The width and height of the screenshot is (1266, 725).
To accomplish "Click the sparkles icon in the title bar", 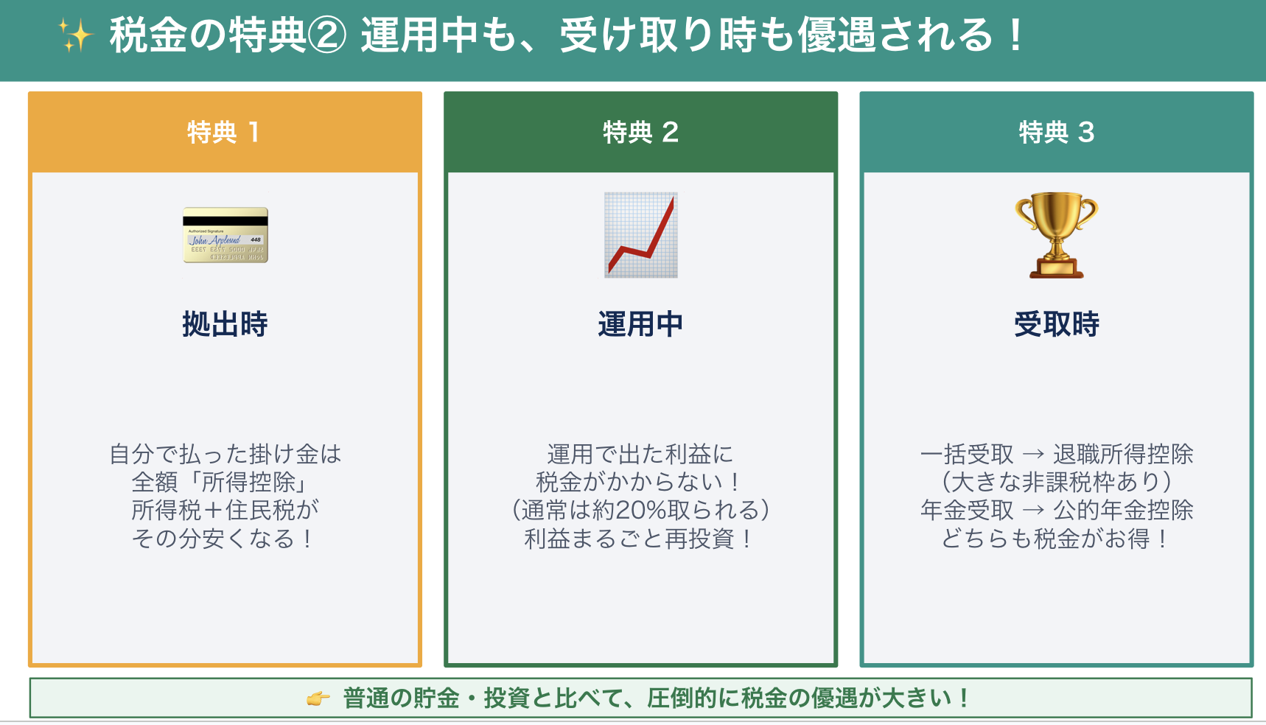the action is (76, 35).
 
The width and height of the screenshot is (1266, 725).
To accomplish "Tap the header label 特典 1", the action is (223, 133).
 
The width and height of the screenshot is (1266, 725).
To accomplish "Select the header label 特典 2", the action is (640, 133).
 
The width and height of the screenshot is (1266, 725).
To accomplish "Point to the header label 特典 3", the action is (1056, 133).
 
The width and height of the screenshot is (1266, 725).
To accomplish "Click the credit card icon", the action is (225, 235).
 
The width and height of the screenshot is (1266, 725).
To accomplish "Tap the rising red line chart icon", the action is (641, 235).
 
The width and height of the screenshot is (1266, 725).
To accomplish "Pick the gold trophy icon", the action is (1057, 235).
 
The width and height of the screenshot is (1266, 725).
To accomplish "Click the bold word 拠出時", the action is (225, 324).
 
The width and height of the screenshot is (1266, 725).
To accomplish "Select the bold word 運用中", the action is (640, 324).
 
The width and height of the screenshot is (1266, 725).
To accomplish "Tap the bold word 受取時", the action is (1057, 324).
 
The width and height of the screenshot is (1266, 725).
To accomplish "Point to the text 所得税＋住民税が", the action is (225, 510).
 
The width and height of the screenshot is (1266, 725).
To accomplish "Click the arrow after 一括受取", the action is (1033, 455).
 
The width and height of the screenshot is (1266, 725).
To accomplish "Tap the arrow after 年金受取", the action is (1033, 510).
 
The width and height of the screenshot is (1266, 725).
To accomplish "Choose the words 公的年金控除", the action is (1123, 510).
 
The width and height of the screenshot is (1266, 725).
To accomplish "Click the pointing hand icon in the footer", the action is (318, 698).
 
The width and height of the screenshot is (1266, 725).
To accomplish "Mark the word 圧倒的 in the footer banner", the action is (682, 698).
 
